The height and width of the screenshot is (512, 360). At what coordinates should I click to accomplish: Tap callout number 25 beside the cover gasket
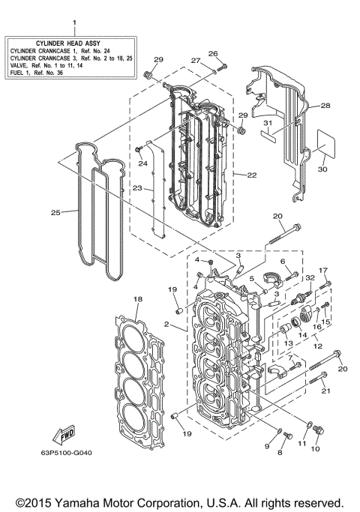[55, 213]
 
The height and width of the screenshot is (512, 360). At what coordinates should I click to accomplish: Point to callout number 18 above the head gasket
[137, 299]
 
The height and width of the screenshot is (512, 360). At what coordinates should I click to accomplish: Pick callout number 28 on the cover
[325, 106]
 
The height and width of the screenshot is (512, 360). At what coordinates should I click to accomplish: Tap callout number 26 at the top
[212, 53]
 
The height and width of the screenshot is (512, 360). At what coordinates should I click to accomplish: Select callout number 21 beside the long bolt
[325, 391]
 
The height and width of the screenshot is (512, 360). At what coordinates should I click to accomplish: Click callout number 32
[308, 277]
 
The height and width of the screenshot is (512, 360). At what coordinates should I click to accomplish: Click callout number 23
[137, 189]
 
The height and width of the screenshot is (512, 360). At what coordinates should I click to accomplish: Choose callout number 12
[317, 348]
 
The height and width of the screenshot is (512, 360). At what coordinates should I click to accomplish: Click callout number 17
[324, 270]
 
